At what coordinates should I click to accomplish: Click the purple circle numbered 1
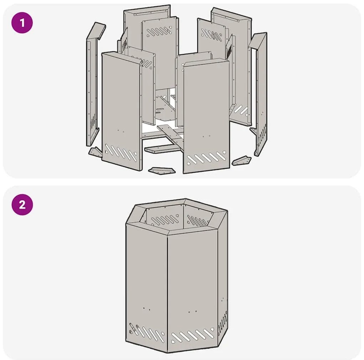22,23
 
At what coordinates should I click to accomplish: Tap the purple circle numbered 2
22,204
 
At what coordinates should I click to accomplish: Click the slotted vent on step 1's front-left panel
121,152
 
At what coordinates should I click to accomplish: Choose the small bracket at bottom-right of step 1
242,161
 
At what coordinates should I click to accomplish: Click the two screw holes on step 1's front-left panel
121,131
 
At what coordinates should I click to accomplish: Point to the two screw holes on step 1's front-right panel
206,136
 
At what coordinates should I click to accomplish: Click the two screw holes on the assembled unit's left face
146,309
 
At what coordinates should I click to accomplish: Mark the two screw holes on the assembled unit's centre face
192,311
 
